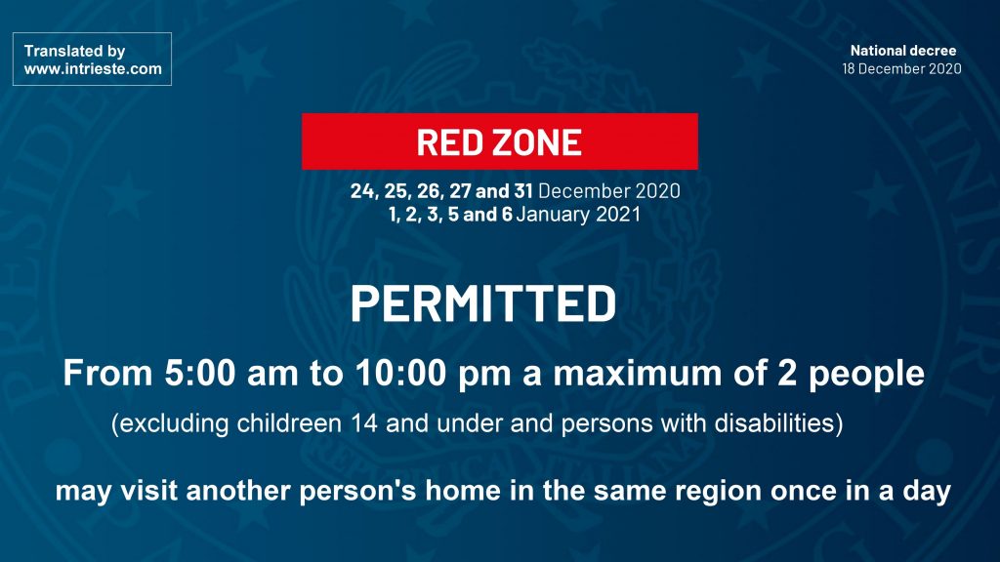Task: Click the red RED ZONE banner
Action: click(x=499, y=141)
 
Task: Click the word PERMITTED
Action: click(x=483, y=303)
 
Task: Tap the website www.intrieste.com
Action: click(x=93, y=69)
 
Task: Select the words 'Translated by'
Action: click(x=74, y=51)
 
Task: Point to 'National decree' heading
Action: click(x=903, y=51)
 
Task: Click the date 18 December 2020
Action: click(x=901, y=69)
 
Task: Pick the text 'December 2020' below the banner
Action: click(x=609, y=190)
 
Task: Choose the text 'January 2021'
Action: click(x=578, y=214)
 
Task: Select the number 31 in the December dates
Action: click(x=523, y=190)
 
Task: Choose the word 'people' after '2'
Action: click(x=867, y=374)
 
